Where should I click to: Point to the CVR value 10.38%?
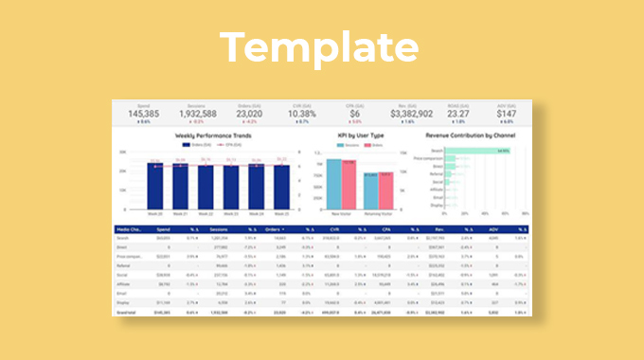(x=302, y=114)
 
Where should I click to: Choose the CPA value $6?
(x=355, y=114)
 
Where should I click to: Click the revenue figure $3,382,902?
(x=408, y=114)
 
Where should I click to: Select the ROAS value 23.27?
(x=459, y=114)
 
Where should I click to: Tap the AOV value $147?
(x=508, y=114)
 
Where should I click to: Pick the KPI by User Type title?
(x=360, y=135)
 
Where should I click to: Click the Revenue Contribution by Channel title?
(x=471, y=135)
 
